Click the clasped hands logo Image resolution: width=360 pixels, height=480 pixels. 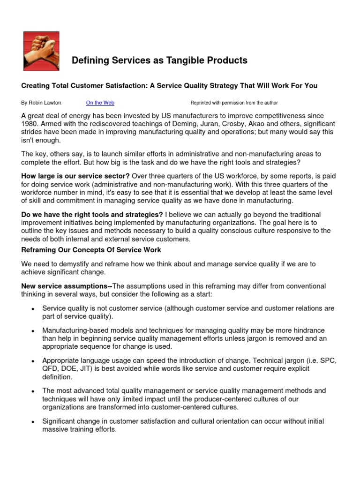(x=41, y=51)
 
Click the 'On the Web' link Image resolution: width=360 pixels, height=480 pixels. (x=100, y=103)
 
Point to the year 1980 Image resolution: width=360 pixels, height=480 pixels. (x=30, y=123)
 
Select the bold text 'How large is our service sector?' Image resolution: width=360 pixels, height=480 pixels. (x=75, y=176)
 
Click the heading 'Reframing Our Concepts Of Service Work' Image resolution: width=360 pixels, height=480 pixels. (x=91, y=250)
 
